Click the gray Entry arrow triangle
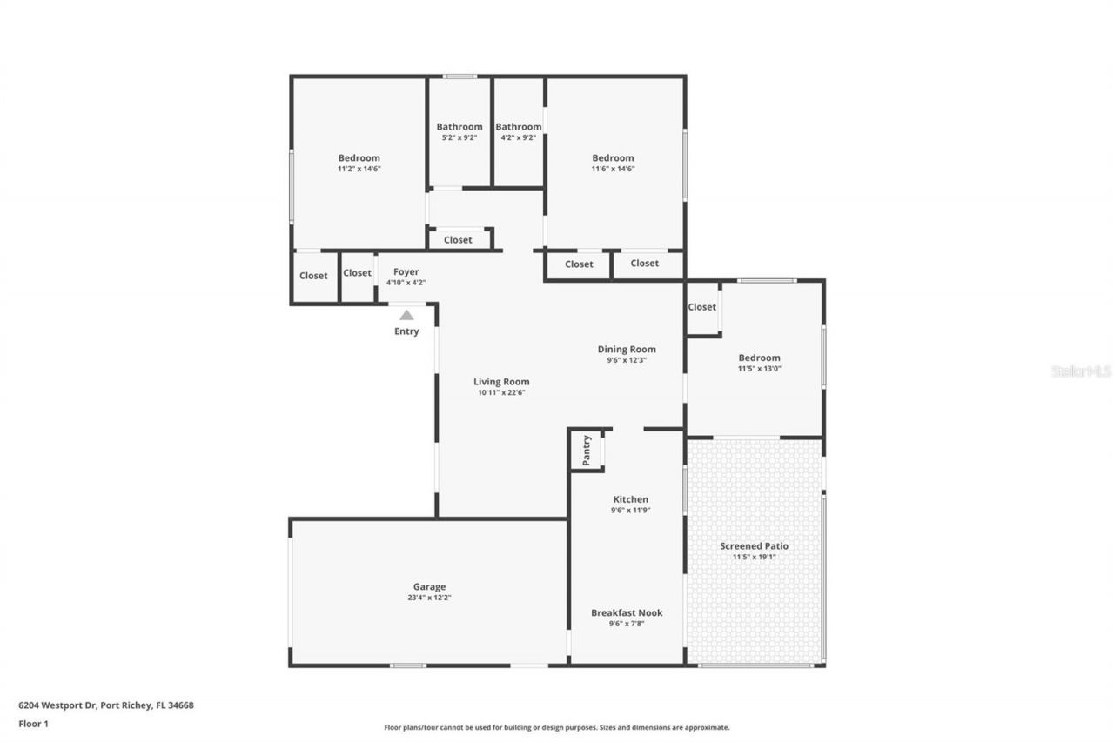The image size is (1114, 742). pos(406,315)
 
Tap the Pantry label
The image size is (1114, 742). pos(587,450)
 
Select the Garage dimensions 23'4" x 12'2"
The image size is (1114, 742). pos(429,598)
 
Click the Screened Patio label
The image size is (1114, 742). pos(754,546)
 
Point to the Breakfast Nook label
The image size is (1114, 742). pos(627,612)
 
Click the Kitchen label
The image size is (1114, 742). pos(630,499)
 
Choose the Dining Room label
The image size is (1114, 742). pos(627,349)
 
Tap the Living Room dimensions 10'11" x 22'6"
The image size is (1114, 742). pos(501,392)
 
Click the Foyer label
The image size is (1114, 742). pos(406,272)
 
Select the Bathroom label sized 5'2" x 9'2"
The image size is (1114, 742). pos(460,127)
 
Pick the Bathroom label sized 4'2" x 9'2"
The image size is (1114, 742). pos(519,127)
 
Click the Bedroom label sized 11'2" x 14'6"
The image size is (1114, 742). pos(359,157)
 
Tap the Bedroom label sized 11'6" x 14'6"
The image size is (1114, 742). pos(613,157)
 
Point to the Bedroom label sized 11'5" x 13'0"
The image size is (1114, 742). pos(759,358)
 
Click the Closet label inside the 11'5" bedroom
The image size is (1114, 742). pos(701,307)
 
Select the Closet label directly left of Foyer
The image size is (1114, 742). pos(357,273)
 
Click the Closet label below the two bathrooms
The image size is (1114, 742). pos(458,240)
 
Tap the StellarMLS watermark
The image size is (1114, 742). pos(1081,371)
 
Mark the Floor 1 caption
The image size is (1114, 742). pos(33,723)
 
